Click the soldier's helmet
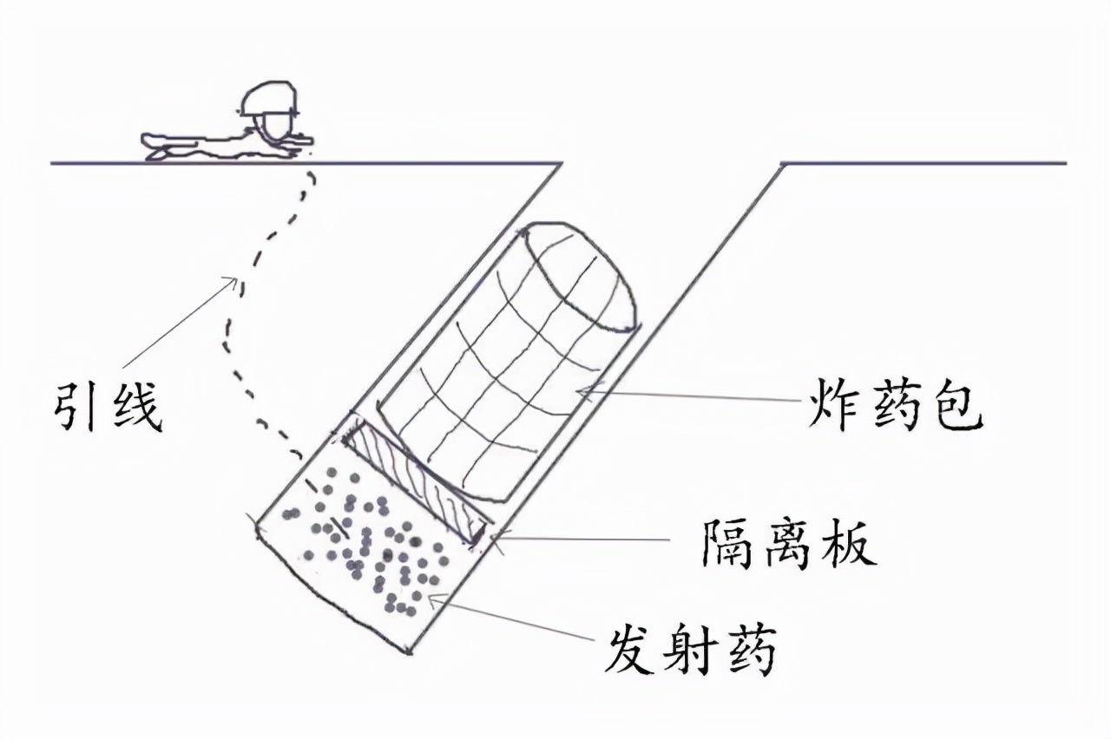[269, 100]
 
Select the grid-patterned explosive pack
[508, 364]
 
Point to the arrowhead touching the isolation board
[495, 539]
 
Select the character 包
[956, 404]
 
